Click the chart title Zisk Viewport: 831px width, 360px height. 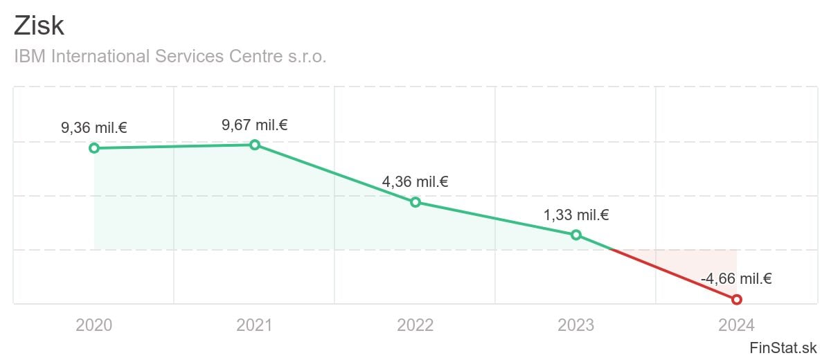point(39,26)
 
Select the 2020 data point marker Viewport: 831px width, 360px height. point(94,148)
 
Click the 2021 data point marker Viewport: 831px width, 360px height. point(255,145)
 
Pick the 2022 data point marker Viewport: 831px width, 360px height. point(415,202)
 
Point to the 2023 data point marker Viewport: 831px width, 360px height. point(576,235)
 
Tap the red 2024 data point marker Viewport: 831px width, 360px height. point(737,299)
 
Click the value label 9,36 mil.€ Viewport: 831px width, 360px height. point(94,127)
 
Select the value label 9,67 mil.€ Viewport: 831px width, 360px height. point(255,125)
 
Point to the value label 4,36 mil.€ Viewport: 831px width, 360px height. point(415,182)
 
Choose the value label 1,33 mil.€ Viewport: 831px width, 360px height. point(576,215)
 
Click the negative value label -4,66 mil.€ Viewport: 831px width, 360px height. point(736,279)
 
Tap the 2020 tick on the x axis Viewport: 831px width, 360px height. point(94,325)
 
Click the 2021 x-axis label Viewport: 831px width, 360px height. point(255,325)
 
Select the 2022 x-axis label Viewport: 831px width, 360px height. point(415,325)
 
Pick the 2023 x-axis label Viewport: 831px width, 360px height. point(576,325)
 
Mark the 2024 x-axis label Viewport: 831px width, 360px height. point(737,325)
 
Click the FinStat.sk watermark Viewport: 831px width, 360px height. point(783,348)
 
